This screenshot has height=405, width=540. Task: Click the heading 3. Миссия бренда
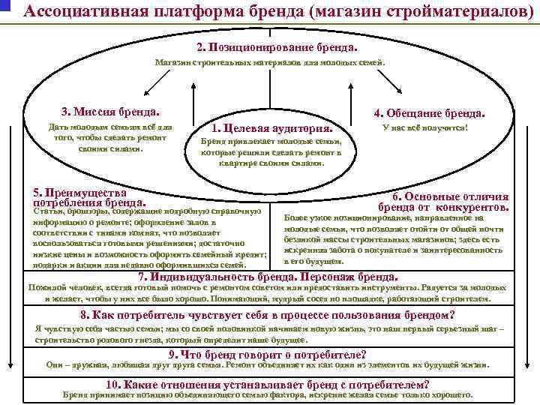pyautogui.click(x=112, y=112)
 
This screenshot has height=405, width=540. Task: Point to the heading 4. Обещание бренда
pyautogui.click(x=429, y=113)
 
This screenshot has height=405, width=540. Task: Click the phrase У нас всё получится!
pyautogui.click(x=424, y=127)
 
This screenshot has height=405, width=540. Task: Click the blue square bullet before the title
pyautogui.click(x=4, y=7)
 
